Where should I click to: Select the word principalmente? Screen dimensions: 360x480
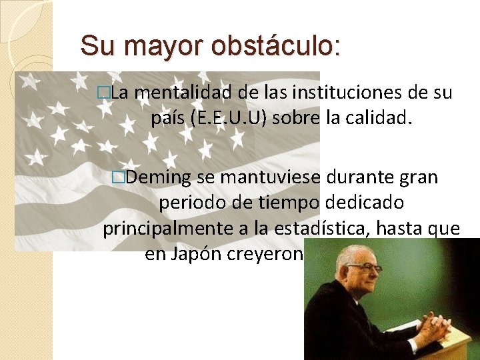point(166,229)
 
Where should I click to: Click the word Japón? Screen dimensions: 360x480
point(199,254)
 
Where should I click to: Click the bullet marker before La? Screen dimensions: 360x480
point(102,94)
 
